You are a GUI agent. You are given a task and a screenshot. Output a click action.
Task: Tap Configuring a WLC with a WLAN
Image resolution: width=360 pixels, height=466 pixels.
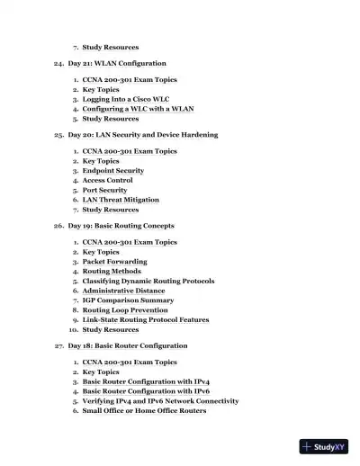pyautogui.click(x=138, y=109)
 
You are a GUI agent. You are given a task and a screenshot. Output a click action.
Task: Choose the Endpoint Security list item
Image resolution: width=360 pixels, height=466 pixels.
pyautogui.click(x=112, y=170)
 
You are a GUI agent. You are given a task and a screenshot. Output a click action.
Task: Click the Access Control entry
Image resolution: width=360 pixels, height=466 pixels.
pyautogui.click(x=107, y=180)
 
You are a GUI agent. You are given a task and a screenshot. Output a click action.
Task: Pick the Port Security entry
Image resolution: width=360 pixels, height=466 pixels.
pyautogui.click(x=104, y=190)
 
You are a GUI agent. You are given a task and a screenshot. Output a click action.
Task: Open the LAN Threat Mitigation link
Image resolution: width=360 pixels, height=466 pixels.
pyautogui.click(x=121, y=200)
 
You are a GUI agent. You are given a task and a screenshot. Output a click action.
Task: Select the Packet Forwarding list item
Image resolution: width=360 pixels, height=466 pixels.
pyautogui.click(x=114, y=262)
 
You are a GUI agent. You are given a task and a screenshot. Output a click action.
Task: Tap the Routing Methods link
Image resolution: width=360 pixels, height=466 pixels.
pyautogui.click(x=112, y=271)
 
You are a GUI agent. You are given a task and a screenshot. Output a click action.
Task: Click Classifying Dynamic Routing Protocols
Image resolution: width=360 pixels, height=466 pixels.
pyautogui.click(x=148, y=281)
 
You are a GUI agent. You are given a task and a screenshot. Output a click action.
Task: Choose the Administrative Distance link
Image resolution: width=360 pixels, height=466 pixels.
pyautogui.click(x=123, y=291)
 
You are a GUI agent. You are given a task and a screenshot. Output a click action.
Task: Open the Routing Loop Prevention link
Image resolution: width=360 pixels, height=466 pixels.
pyautogui.click(x=125, y=310)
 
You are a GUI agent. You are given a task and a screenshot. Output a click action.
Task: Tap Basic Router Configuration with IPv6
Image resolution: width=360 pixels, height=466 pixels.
pyautogui.click(x=146, y=391)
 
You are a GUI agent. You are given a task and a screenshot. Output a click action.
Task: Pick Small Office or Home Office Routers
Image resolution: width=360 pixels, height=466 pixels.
pyautogui.click(x=144, y=410)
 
